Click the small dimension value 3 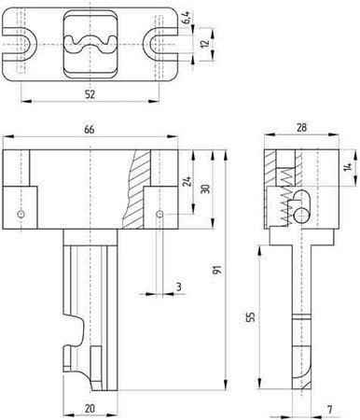click(178, 287)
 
